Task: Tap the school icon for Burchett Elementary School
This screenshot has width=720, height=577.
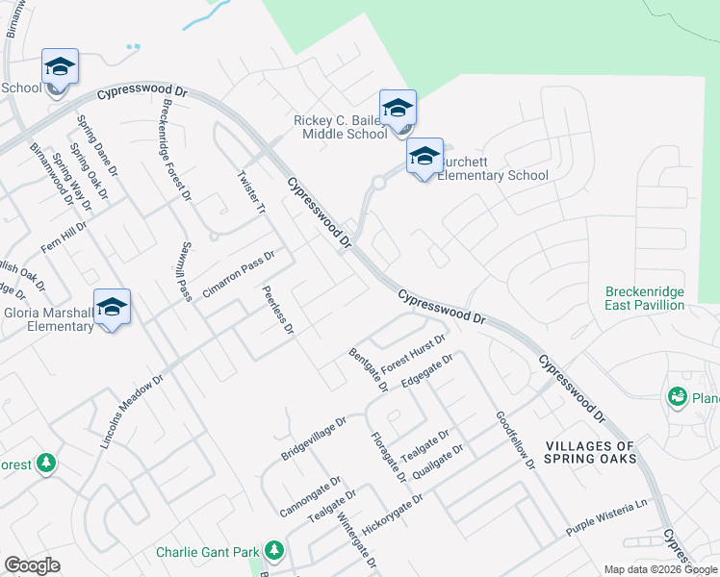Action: click(x=424, y=157)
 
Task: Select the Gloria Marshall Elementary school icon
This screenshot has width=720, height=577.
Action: click(x=112, y=308)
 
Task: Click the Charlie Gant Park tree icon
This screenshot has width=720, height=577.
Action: click(x=274, y=552)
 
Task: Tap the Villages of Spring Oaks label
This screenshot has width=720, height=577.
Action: click(x=590, y=452)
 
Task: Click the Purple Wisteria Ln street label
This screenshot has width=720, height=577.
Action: click(x=608, y=524)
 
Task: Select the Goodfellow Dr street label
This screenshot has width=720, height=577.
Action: click(x=515, y=440)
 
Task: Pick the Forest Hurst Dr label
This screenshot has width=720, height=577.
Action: click(x=413, y=354)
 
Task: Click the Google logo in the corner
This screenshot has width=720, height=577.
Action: click(x=32, y=565)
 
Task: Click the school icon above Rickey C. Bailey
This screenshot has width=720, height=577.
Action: click(x=397, y=109)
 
